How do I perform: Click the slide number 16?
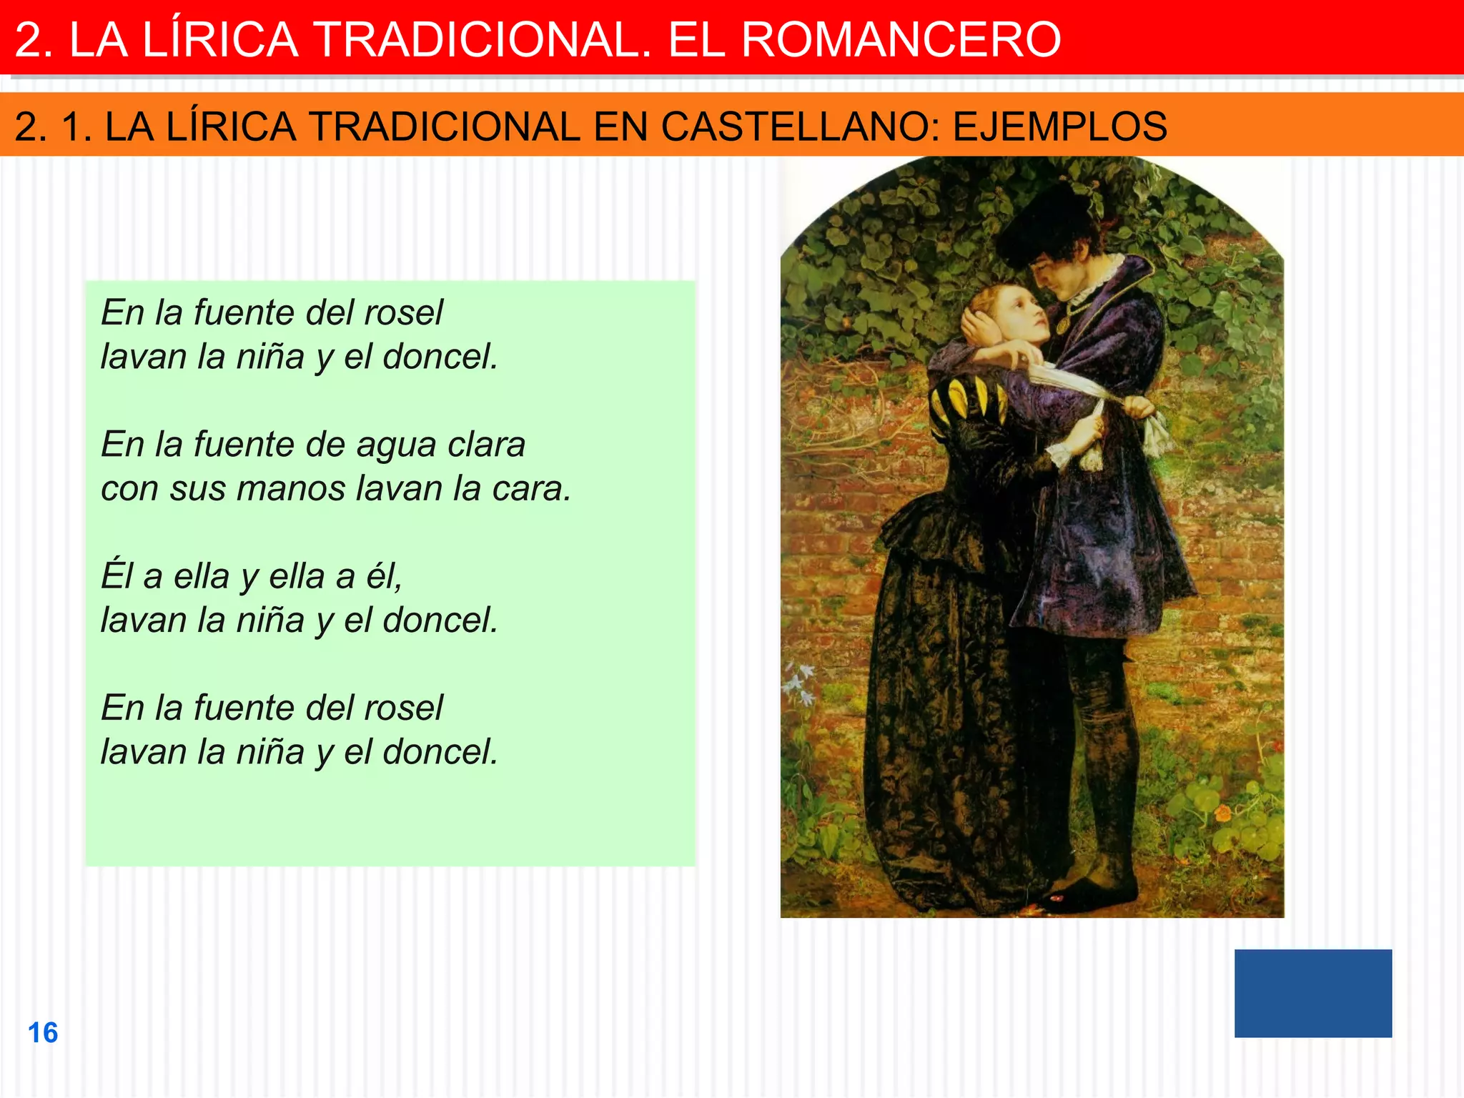click(43, 1033)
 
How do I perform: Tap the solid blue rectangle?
click(1312, 993)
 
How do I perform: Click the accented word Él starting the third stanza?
click(117, 576)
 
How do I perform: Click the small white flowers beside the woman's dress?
click(799, 683)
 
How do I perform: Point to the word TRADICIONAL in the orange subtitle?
click(445, 127)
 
